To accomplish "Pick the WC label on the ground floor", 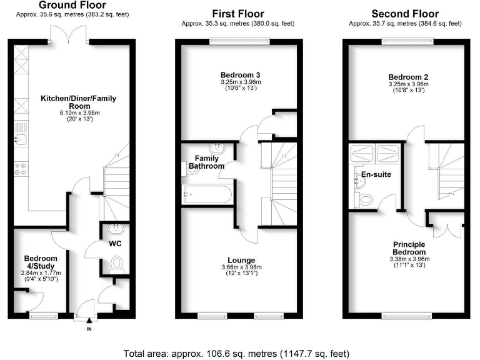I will click(x=114, y=242).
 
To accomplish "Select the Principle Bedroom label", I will click(x=409, y=248).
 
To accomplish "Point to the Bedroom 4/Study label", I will click(x=41, y=262).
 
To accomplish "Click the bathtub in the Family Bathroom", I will click(x=206, y=194).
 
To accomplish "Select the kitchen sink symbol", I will click(x=18, y=141).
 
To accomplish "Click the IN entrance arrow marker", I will click(x=89, y=320).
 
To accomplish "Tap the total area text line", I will click(x=240, y=351).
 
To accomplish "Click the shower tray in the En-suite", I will click(x=374, y=152).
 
